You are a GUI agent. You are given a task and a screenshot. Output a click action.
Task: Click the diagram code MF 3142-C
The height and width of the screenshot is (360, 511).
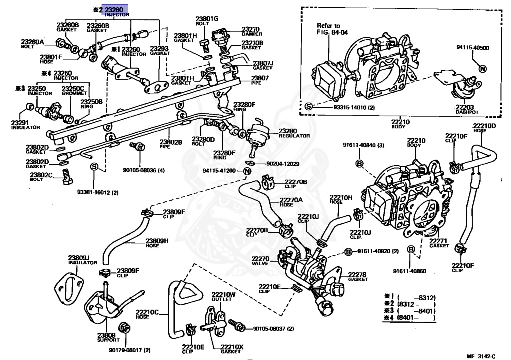481,356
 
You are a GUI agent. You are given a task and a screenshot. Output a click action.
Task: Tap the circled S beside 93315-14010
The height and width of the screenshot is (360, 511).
308,107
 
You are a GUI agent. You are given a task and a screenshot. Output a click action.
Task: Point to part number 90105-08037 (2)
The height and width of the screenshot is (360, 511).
273,329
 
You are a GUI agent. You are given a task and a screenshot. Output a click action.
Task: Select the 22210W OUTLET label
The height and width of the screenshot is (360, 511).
222,296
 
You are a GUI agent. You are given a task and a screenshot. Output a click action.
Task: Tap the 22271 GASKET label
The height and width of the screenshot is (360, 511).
440,243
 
